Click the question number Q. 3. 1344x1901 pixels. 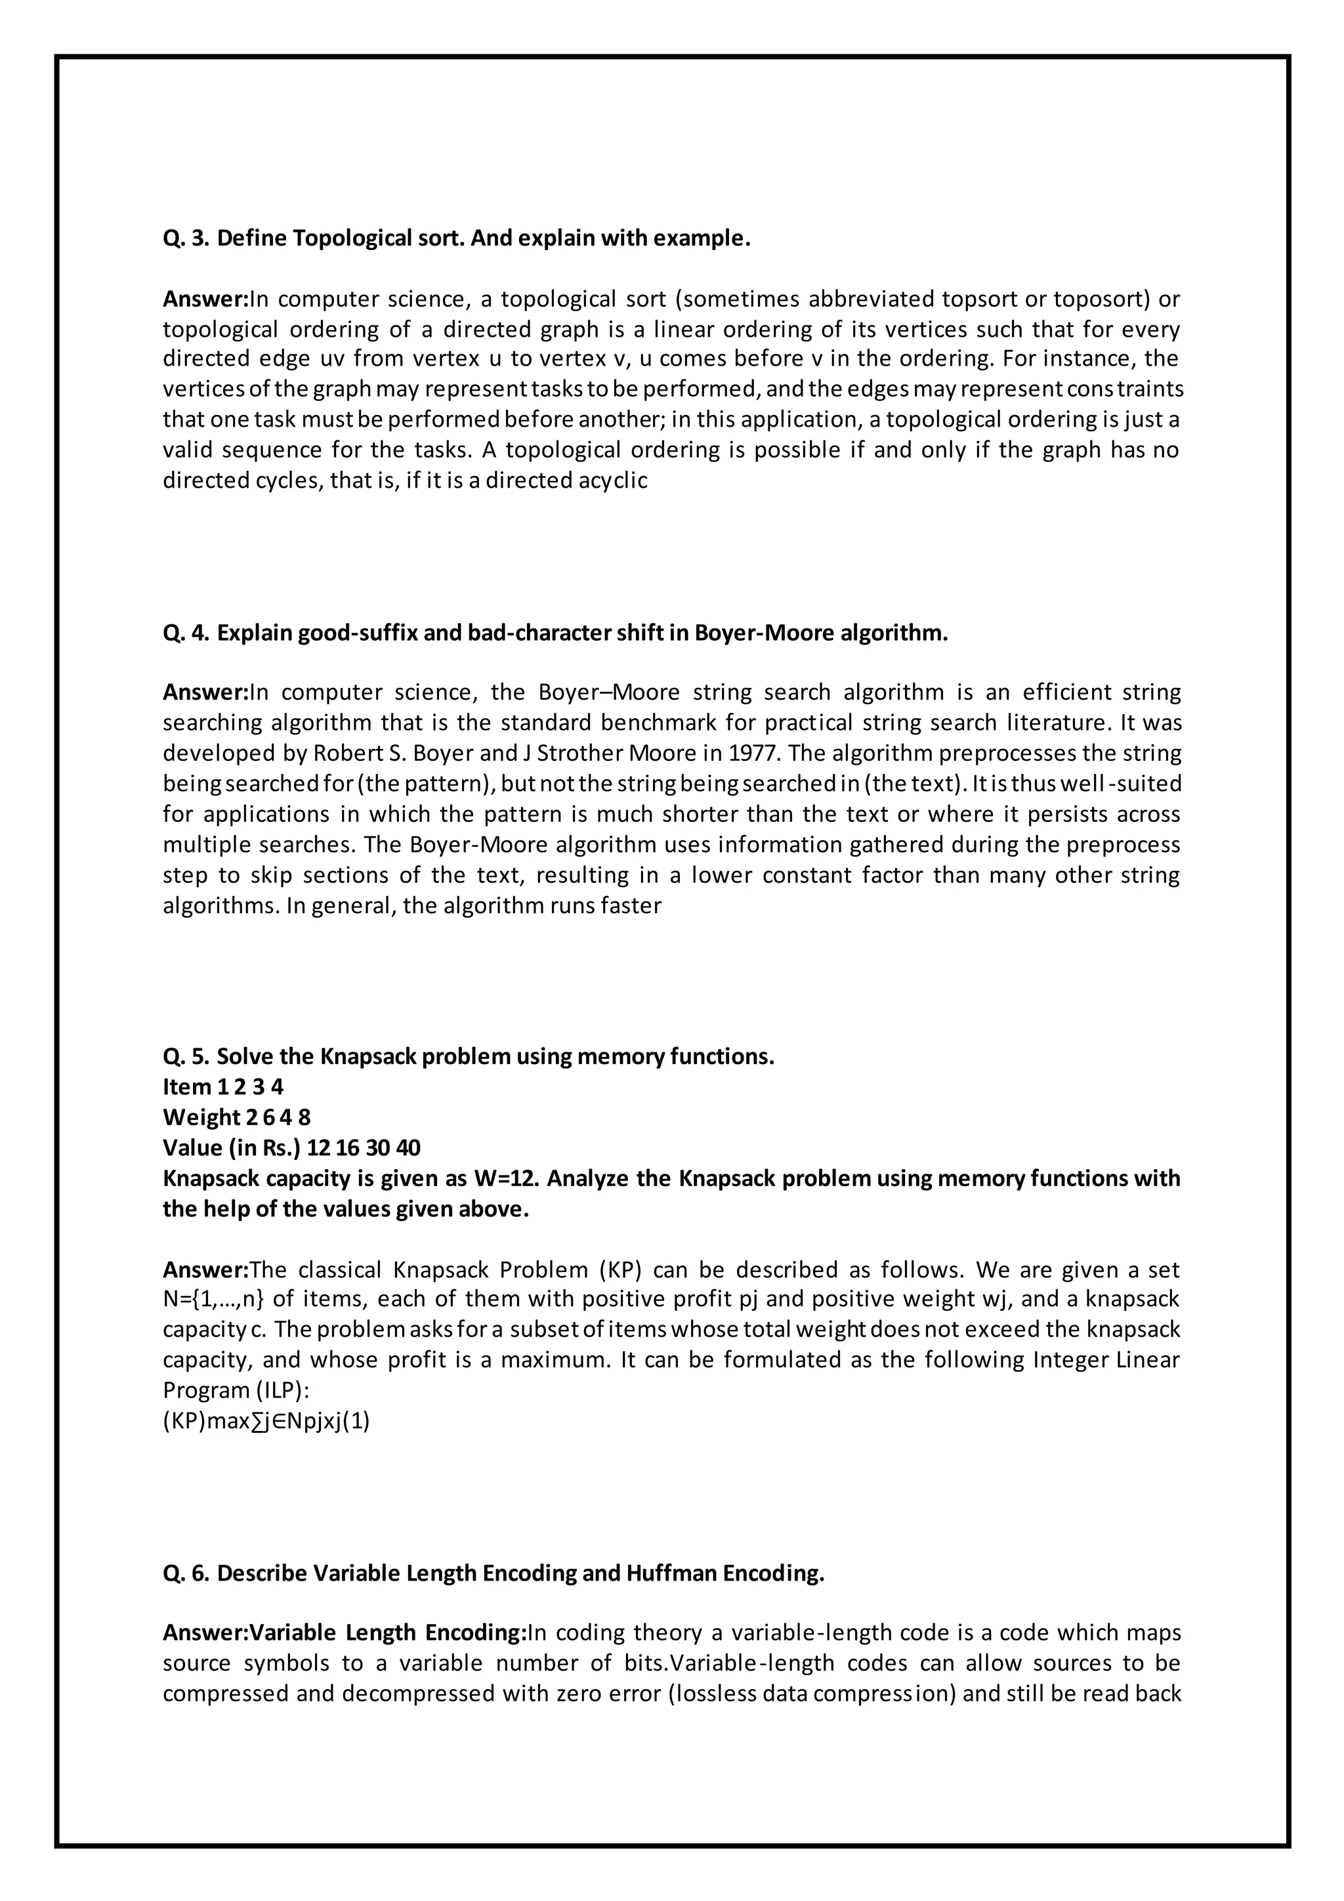pos(185,238)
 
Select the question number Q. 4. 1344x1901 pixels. pos(185,633)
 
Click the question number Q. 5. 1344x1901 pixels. pos(185,1057)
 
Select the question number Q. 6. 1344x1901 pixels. pos(185,1573)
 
